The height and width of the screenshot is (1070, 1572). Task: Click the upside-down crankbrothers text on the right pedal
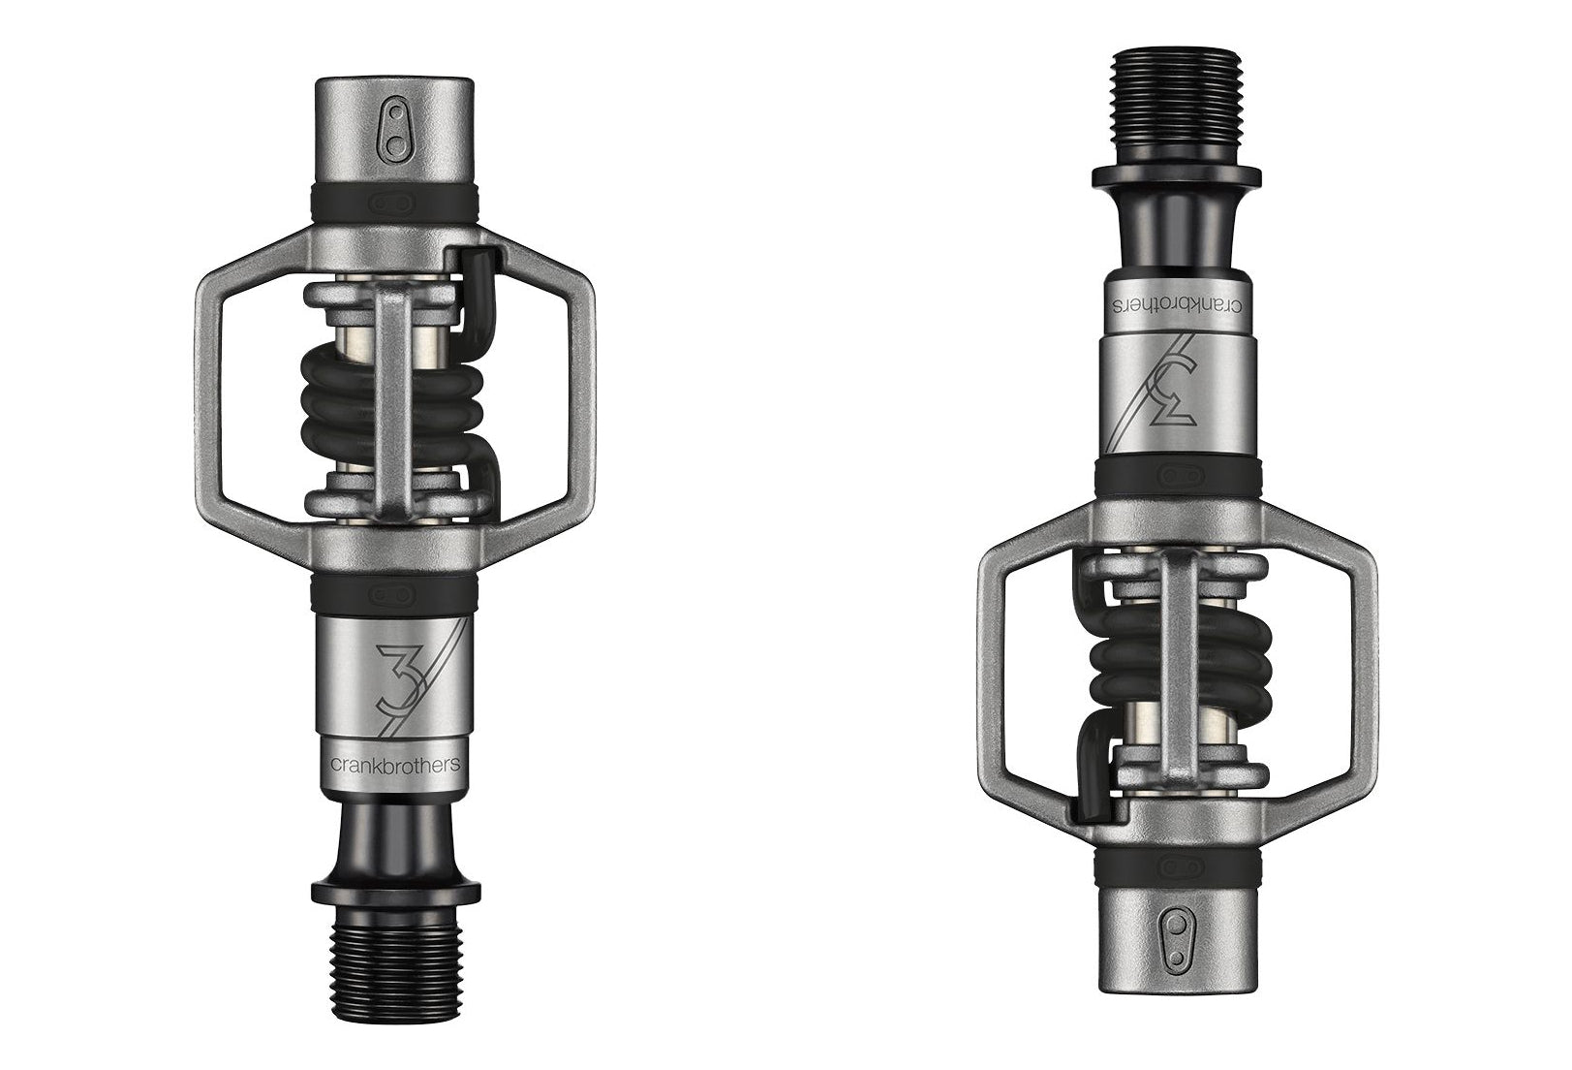pyautogui.click(x=1178, y=307)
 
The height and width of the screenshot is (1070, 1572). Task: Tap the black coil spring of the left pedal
pyautogui.click(x=394, y=409)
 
